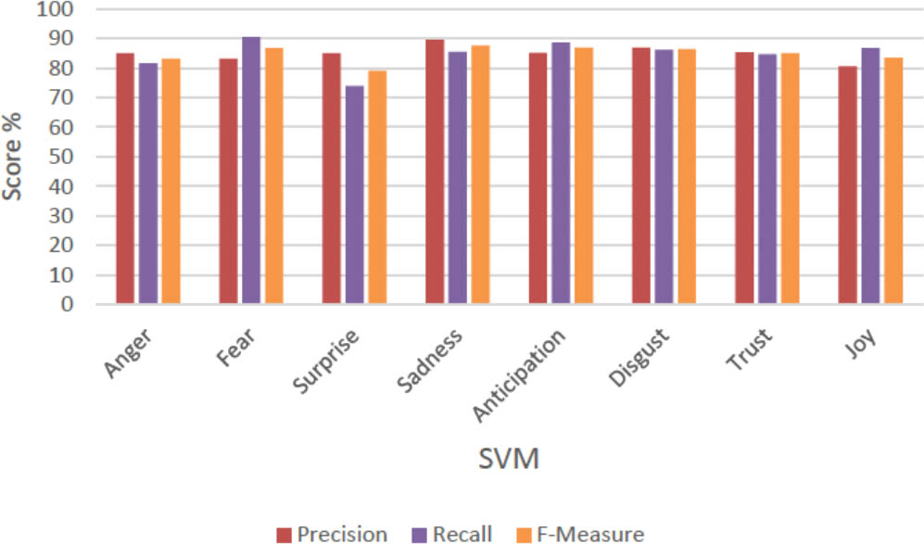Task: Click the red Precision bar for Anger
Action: pos(125,179)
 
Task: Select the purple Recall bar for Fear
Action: pos(251,171)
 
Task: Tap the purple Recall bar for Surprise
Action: pos(354,195)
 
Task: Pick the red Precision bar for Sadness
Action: pos(435,171)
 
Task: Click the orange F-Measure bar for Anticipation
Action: pos(584,176)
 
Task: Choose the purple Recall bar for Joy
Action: pos(870,176)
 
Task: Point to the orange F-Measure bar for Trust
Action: pos(790,179)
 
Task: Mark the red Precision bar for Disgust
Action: pos(641,176)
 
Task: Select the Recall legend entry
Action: pos(452,534)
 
